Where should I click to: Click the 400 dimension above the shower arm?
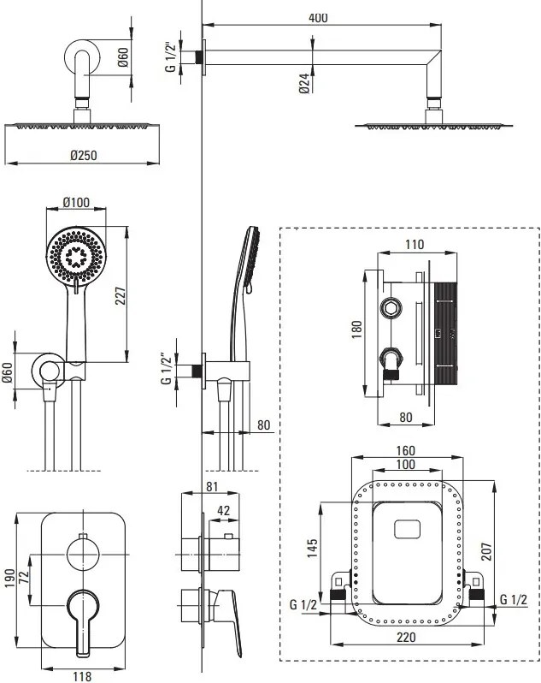click(318, 18)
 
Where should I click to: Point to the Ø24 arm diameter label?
click(304, 83)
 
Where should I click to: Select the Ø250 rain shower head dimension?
click(84, 156)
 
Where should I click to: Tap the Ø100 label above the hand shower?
click(76, 203)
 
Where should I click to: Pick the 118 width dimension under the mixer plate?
click(82, 676)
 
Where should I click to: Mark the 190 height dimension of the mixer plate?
click(9, 578)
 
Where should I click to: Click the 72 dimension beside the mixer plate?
click(24, 577)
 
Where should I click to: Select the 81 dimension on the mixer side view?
click(212, 486)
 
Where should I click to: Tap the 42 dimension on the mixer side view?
click(224, 510)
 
